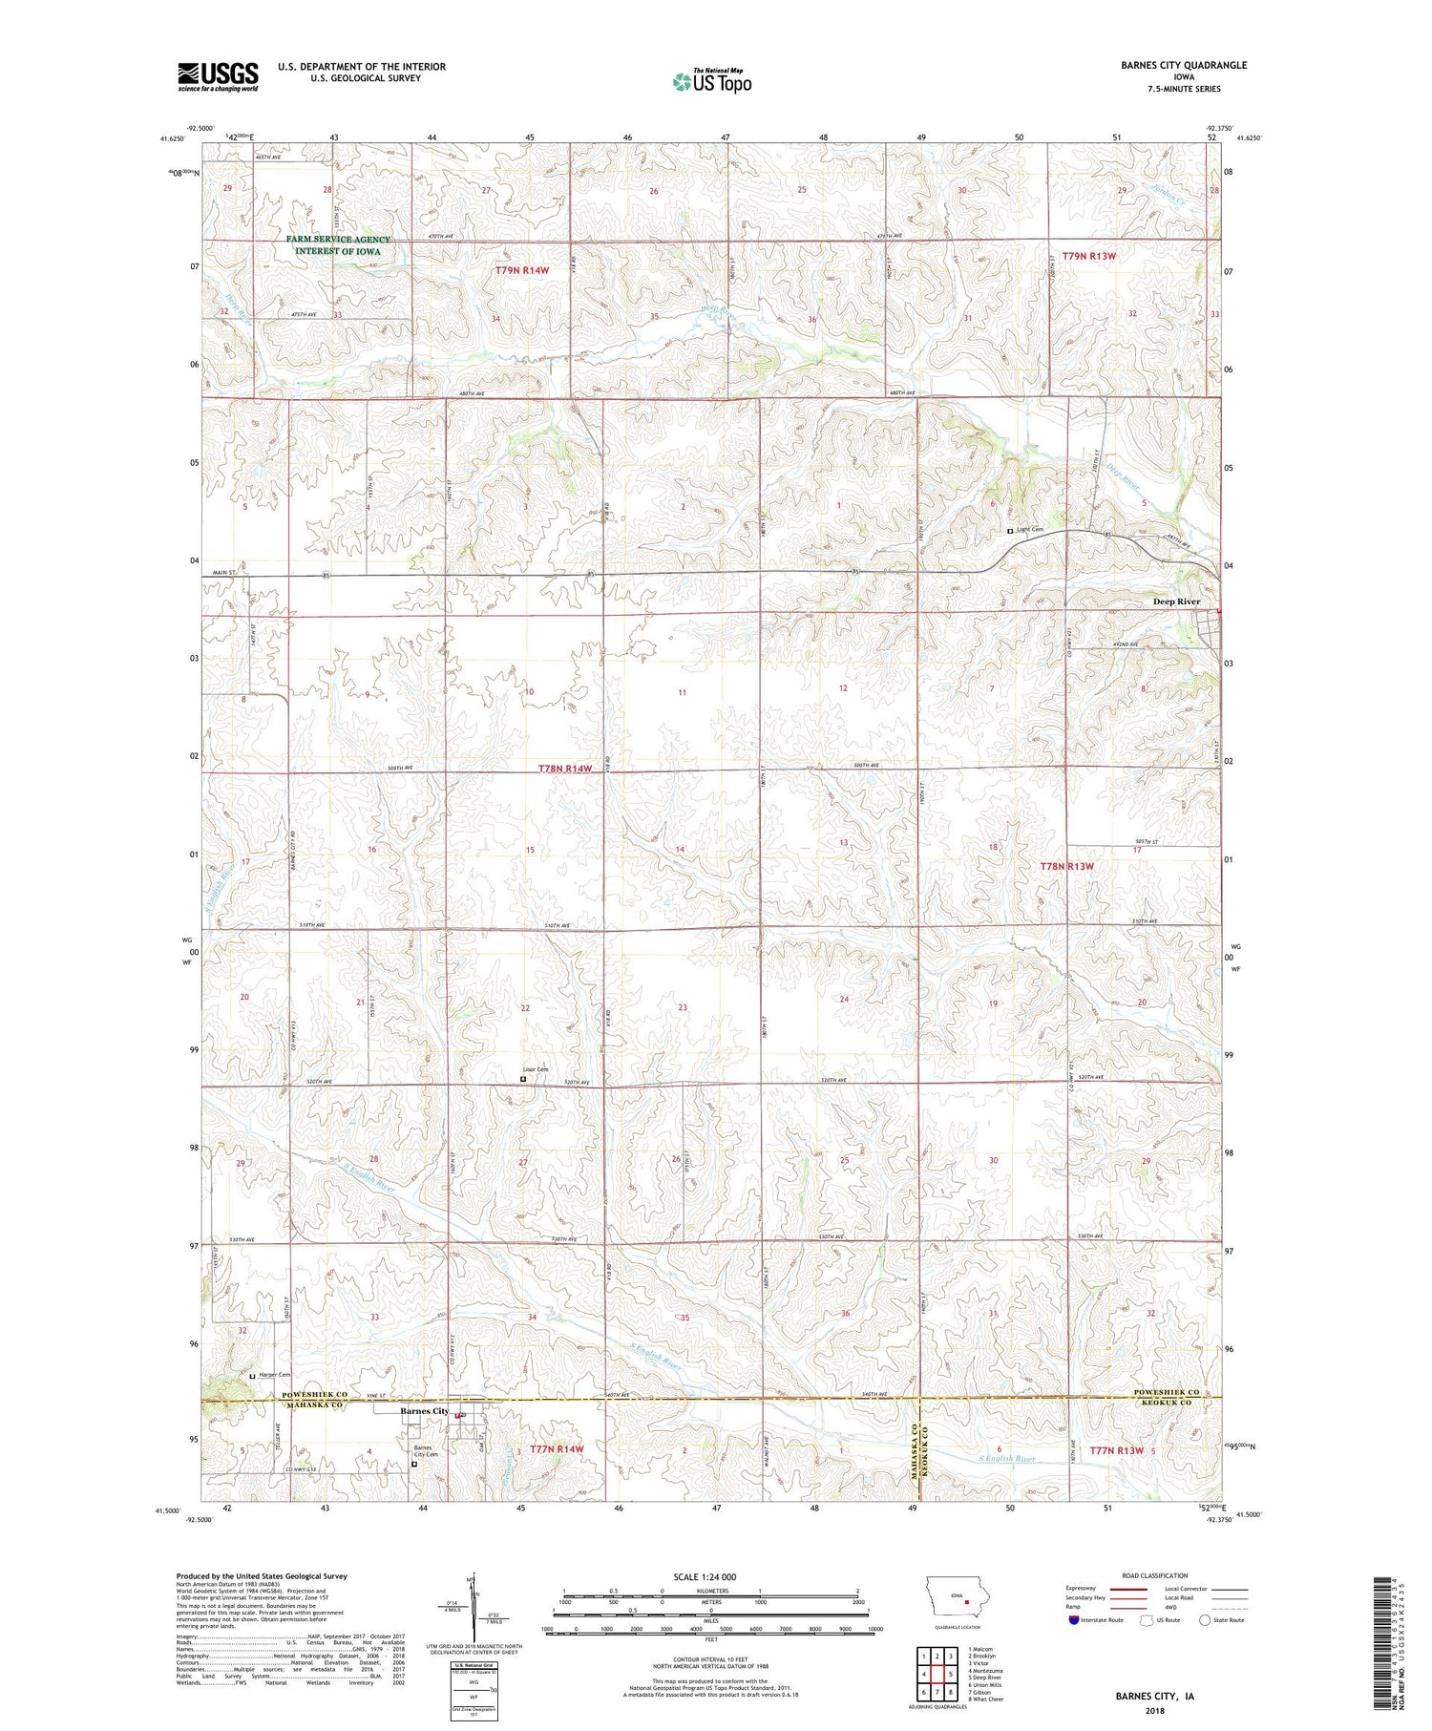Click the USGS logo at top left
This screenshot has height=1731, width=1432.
pyautogui.click(x=218, y=76)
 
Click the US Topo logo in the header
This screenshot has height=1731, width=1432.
pyautogui.click(x=711, y=81)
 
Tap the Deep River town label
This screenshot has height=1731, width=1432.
pyautogui.click(x=1176, y=602)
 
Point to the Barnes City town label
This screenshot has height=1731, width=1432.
pyautogui.click(x=424, y=1411)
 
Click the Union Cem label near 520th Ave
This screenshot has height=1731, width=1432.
pyautogui.click(x=536, y=1069)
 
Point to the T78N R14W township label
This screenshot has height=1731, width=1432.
pyautogui.click(x=565, y=769)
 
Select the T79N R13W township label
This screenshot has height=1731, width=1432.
pyautogui.click(x=1089, y=256)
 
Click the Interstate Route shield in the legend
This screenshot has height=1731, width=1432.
pyautogui.click(x=1074, y=1619)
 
